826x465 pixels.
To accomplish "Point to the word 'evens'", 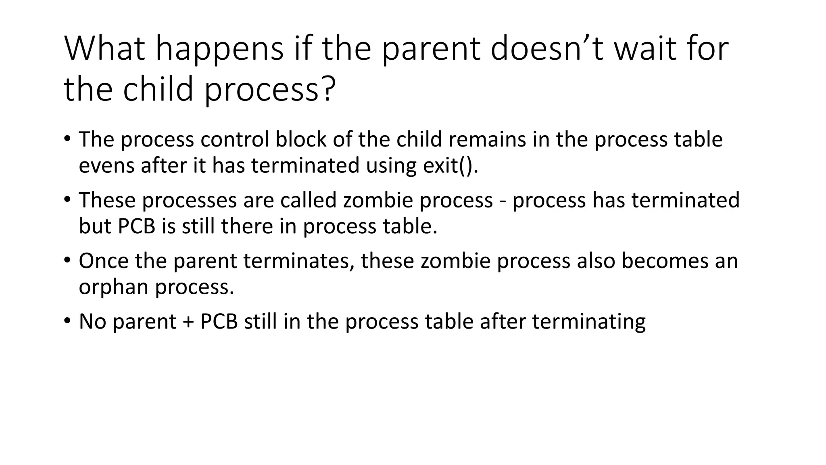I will (x=106, y=165).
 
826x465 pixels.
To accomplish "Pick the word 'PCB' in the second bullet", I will (x=136, y=226).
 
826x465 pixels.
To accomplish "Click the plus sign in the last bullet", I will (x=188, y=322).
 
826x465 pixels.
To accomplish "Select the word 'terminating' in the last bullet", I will (x=589, y=322).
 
